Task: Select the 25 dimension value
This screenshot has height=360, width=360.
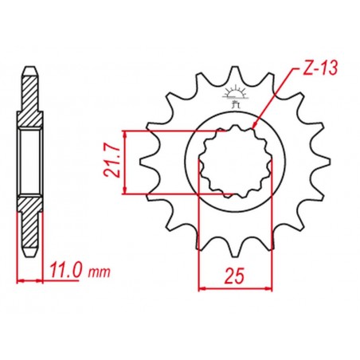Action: point(235,276)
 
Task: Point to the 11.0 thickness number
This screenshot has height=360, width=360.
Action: point(65,272)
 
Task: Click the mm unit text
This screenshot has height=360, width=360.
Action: point(99,273)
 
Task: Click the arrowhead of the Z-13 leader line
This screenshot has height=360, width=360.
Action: point(253,126)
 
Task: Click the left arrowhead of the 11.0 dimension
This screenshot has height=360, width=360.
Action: point(19,280)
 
